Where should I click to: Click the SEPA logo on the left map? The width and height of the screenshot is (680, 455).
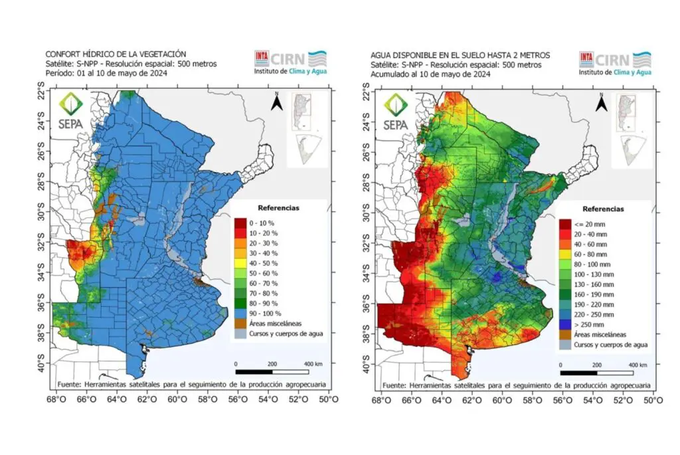[70, 112]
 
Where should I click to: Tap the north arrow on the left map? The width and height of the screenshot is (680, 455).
[278, 103]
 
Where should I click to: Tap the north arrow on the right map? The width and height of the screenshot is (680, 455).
[603, 103]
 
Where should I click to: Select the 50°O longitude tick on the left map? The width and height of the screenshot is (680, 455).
[329, 400]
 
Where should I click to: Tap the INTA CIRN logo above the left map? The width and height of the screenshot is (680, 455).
[291, 61]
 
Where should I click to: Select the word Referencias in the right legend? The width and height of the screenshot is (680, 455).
[604, 209]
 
